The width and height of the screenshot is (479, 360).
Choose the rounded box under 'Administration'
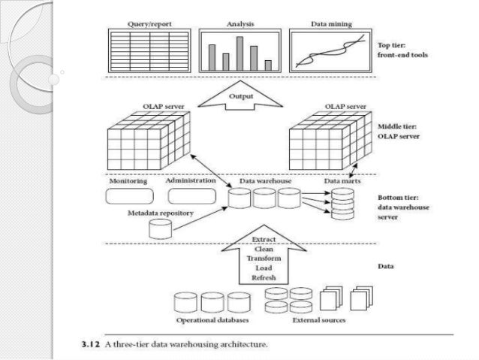tap(190, 196)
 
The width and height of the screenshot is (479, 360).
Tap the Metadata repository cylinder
tap(160, 229)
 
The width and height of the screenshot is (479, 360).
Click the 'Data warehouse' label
tap(265, 181)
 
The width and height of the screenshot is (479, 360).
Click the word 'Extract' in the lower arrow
tap(263, 239)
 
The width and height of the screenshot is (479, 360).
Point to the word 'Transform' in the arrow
tap(263, 259)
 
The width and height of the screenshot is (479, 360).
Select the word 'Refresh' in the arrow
tap(263, 277)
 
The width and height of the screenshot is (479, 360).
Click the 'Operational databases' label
tap(203, 320)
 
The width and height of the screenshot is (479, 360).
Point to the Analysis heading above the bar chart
tap(239, 25)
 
